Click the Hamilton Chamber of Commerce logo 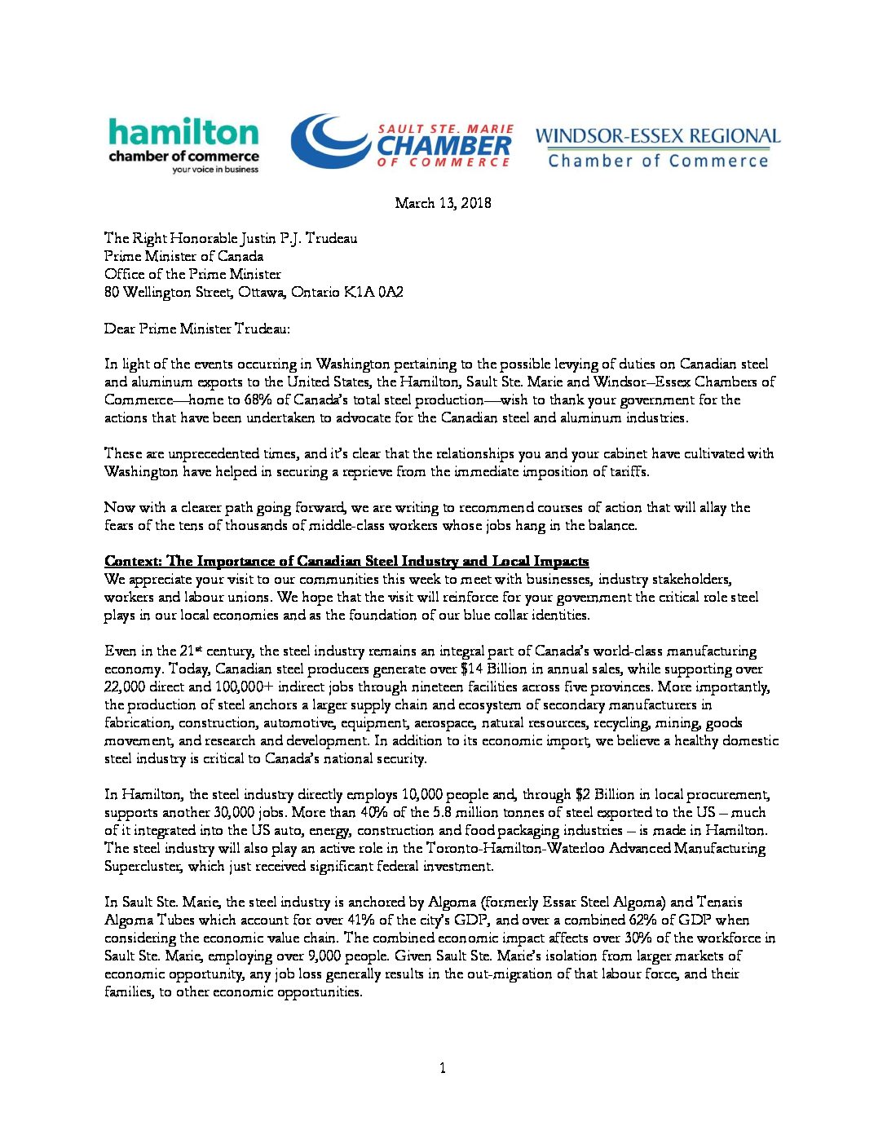(183, 145)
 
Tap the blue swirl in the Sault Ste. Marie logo (329, 140)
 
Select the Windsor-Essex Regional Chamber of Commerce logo (657, 148)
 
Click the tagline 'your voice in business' (214, 170)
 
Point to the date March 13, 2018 (443, 203)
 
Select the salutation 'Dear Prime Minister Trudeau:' (196, 329)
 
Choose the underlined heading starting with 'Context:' (346, 561)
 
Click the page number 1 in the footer (443, 1068)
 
